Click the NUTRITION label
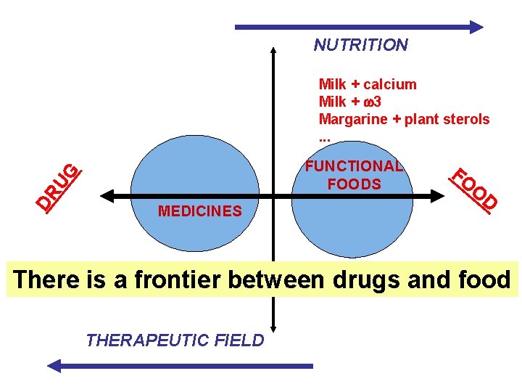360,45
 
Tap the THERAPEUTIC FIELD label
175,340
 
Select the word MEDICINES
199,211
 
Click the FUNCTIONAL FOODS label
354,175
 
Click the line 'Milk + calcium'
368,84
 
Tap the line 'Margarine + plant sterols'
404,119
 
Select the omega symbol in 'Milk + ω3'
369,102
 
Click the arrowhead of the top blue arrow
476,27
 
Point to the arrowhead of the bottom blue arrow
55,366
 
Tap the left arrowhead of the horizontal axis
104,196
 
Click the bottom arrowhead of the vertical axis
273,324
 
